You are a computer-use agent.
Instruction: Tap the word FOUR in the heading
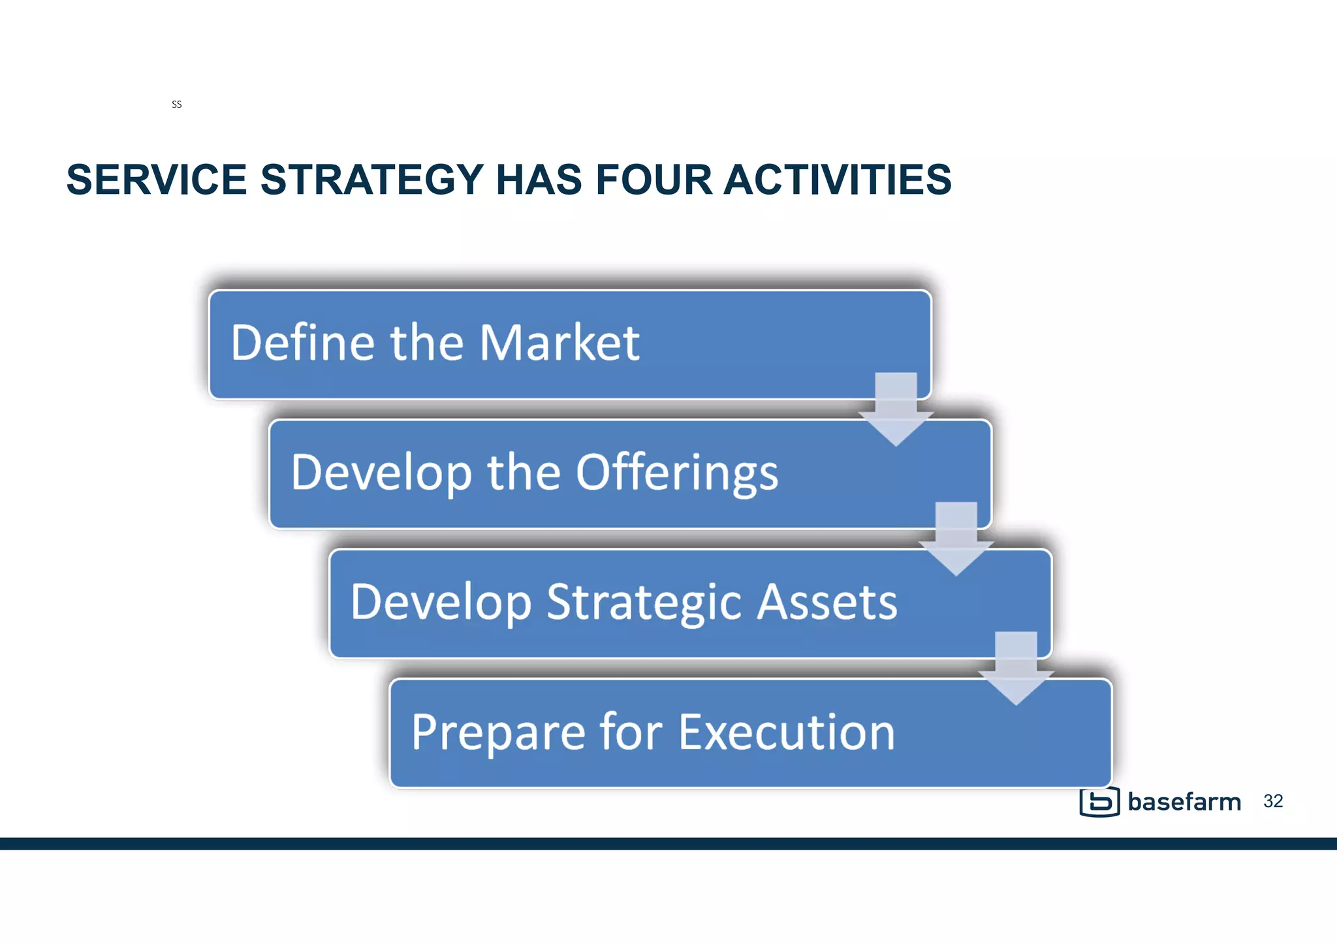point(653,180)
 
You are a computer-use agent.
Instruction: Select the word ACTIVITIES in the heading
point(838,180)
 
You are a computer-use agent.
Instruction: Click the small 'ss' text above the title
point(176,104)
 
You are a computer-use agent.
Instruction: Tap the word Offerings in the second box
point(677,472)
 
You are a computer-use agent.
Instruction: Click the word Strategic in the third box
point(643,602)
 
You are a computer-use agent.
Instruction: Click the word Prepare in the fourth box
point(498,732)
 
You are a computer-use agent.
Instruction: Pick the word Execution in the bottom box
point(787,732)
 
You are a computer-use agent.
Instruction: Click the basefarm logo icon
point(1099,802)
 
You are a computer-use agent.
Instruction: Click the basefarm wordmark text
point(1184,802)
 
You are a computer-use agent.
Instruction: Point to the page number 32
point(1273,801)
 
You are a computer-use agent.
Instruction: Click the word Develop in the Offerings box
point(381,472)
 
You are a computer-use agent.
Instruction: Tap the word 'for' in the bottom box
point(631,732)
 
